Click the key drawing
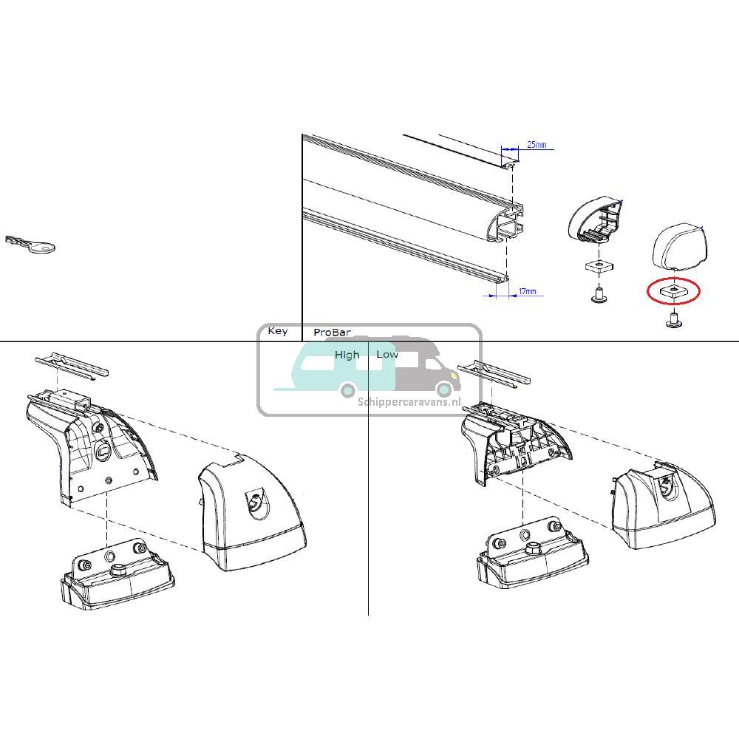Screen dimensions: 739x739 (x=30, y=245)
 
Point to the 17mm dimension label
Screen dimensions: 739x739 (x=526, y=292)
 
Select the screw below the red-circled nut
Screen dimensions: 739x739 (x=673, y=320)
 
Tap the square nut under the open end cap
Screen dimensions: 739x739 (x=598, y=266)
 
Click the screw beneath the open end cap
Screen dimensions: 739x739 (x=598, y=295)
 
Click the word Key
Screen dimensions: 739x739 (x=278, y=331)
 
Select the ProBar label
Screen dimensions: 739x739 (x=332, y=333)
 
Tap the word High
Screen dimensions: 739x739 (x=347, y=355)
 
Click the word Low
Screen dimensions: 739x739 (x=386, y=355)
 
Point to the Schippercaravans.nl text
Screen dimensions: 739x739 (x=409, y=402)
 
